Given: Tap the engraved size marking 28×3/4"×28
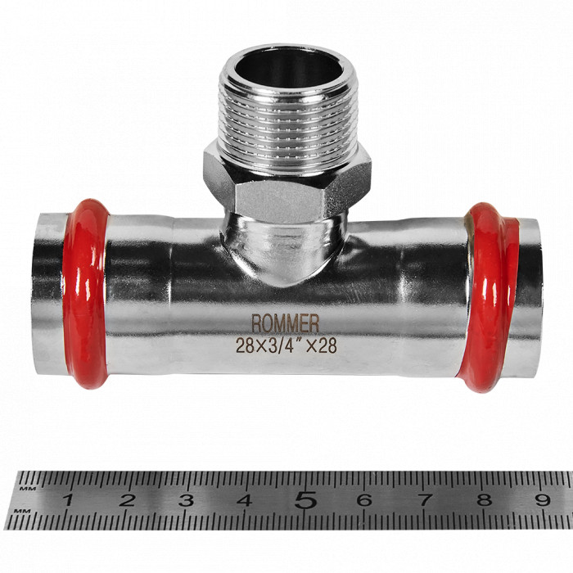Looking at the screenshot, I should tap(286, 345).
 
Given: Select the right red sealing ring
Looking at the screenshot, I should tap(489, 297).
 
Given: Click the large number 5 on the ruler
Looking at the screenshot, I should tap(305, 499).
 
